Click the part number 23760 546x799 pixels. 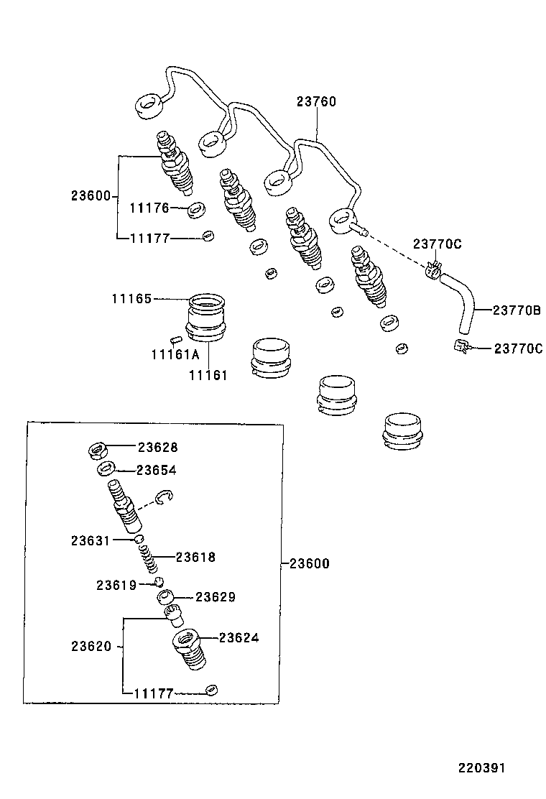click(315, 102)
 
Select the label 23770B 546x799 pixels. click(516, 310)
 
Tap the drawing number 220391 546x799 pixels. click(483, 768)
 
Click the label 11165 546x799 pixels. click(131, 298)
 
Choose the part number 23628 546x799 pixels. click(157, 447)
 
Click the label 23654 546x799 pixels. click(157, 470)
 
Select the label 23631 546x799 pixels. click(91, 540)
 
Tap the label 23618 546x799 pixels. click(195, 557)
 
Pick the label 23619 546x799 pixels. click(116, 585)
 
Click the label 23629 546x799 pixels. click(216, 597)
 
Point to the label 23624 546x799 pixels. click(239, 637)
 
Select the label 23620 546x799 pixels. click(91, 646)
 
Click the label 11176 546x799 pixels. click(149, 208)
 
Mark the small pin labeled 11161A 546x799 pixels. click(175, 337)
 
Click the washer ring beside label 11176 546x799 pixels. click(195, 211)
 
